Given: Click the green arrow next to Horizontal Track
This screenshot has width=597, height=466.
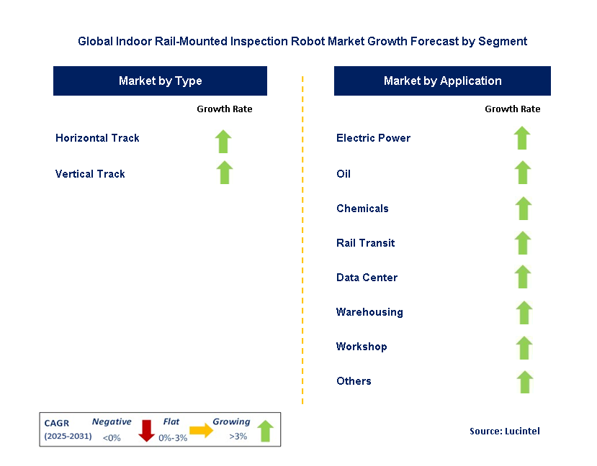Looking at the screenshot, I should tap(224, 141).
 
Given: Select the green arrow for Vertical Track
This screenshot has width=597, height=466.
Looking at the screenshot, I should tap(225, 173).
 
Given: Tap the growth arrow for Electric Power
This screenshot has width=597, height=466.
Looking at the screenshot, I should tap(522, 137).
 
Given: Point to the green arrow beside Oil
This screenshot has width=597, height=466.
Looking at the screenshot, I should tap(523, 173).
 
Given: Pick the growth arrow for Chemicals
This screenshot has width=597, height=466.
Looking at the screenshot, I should tap(524, 208).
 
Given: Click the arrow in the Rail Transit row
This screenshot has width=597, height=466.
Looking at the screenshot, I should tap(524, 242).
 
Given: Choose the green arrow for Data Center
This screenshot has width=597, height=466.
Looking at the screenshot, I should tap(524, 277).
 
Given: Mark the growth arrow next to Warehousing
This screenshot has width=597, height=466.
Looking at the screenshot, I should tap(524, 312).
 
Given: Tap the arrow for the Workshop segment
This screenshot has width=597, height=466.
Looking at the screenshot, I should tap(524, 347).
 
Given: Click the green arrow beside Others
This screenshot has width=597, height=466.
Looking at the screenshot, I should tap(525, 382).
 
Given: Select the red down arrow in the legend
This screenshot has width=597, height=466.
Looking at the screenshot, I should tap(147, 429).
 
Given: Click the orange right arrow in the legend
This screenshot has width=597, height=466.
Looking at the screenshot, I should tap(201, 430).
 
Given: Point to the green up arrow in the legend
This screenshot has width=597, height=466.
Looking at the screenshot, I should tap(265, 431).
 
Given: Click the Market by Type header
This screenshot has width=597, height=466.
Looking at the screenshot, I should tap(160, 81).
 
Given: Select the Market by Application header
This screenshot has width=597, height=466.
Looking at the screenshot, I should tap(442, 81).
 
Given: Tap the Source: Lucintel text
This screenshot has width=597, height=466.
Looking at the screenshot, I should tap(504, 431).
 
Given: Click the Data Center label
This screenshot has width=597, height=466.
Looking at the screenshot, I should tap(367, 278).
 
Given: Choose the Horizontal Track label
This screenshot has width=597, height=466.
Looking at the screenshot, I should tap(97, 138).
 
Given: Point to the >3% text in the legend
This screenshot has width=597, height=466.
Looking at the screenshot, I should tap(238, 436).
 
